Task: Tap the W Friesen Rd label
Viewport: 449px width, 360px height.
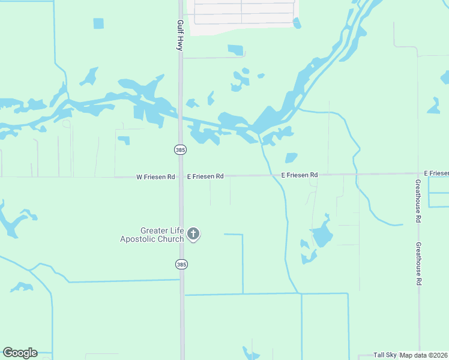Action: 155,177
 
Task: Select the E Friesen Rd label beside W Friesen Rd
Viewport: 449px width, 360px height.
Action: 205,177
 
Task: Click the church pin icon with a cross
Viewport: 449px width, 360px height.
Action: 193,234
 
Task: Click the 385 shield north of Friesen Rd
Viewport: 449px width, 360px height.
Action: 180,149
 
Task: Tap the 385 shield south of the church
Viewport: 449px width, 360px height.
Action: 180,264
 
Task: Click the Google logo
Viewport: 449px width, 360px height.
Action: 20,353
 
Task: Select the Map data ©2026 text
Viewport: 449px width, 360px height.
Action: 423,355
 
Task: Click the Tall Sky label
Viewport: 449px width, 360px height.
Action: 385,355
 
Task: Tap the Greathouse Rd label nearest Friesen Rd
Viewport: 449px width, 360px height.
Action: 418,201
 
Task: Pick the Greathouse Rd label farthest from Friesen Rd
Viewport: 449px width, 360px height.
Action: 418,264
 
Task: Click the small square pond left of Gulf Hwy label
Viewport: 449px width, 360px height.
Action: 98,23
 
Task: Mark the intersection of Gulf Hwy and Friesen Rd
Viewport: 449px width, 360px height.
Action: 181,176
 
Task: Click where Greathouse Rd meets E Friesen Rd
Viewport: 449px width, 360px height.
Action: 418,174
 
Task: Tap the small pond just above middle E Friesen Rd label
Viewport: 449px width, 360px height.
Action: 291,158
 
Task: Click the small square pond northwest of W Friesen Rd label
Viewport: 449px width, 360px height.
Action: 124,140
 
